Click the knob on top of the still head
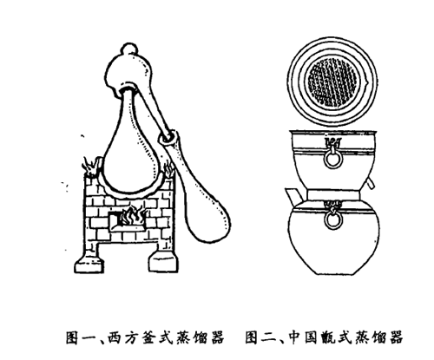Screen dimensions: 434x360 129,49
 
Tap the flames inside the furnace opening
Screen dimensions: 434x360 132,217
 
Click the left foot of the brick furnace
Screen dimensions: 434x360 89,263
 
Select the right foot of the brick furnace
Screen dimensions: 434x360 164,261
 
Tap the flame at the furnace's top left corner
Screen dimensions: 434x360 91,167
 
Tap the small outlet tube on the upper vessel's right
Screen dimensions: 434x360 370,184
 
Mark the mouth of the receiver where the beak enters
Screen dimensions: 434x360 168,137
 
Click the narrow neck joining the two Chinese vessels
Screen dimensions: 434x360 334,194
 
